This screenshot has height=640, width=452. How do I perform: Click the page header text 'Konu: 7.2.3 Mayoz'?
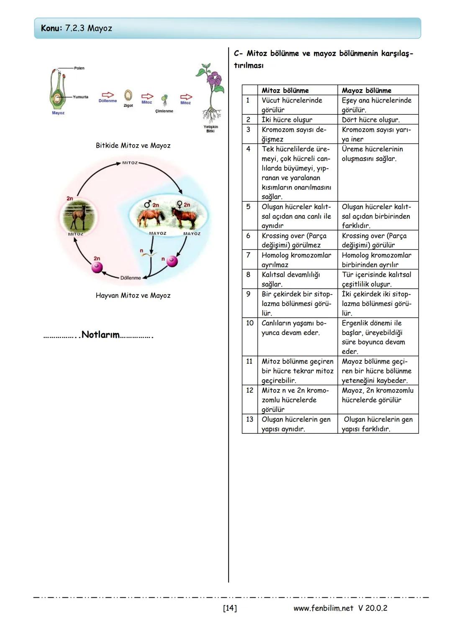[77, 29]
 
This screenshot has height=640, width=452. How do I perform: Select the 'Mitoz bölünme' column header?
[285, 90]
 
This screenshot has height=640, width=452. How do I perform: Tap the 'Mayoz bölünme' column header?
[366, 90]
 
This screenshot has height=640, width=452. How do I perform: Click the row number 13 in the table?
[249, 420]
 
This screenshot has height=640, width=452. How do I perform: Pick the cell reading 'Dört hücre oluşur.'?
[370, 120]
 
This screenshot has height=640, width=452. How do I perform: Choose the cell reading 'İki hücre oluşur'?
[287, 120]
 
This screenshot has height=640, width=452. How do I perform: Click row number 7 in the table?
[248, 255]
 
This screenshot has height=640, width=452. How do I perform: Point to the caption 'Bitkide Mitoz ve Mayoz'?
[133, 146]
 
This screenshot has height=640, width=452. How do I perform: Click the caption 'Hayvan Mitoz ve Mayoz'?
[133, 295]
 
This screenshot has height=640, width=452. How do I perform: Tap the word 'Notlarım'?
[100, 335]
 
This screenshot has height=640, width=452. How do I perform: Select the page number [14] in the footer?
[230, 608]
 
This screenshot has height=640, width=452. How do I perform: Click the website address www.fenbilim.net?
[323, 608]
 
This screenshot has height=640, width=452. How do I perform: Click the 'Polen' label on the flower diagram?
[79, 68]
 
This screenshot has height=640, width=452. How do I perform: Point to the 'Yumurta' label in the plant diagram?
[80, 97]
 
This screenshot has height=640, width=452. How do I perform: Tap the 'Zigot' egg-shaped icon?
[128, 96]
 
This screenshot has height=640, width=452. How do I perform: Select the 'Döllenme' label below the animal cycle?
[131, 278]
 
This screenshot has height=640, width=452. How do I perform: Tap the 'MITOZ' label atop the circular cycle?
[130, 163]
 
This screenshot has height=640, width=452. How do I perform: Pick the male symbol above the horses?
[147, 204]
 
